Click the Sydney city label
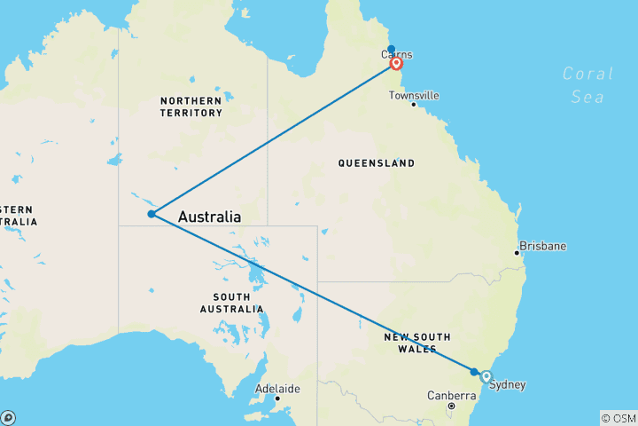click(509, 384)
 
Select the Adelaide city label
click(277, 389)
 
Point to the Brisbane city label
click(543, 245)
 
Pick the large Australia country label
click(210, 217)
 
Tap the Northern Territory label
click(191, 106)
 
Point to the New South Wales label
click(416, 343)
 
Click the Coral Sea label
click(588, 85)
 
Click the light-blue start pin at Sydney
click(486, 377)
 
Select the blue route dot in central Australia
click(152, 214)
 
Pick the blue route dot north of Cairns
click(391, 50)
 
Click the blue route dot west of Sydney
click(474, 372)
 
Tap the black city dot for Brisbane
click(517, 253)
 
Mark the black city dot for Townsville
click(414, 105)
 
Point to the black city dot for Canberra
click(451, 406)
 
